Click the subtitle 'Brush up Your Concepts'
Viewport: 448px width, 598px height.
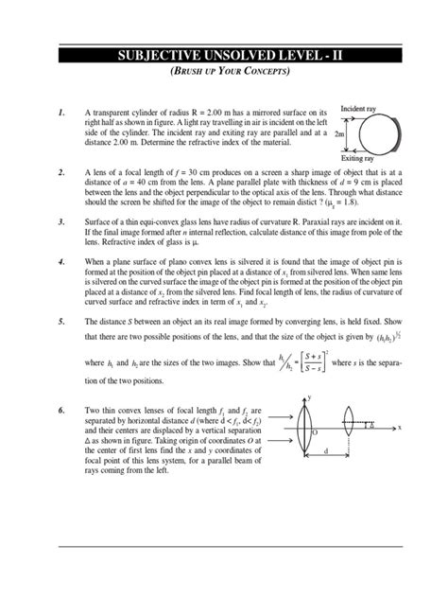[x=223, y=73]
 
